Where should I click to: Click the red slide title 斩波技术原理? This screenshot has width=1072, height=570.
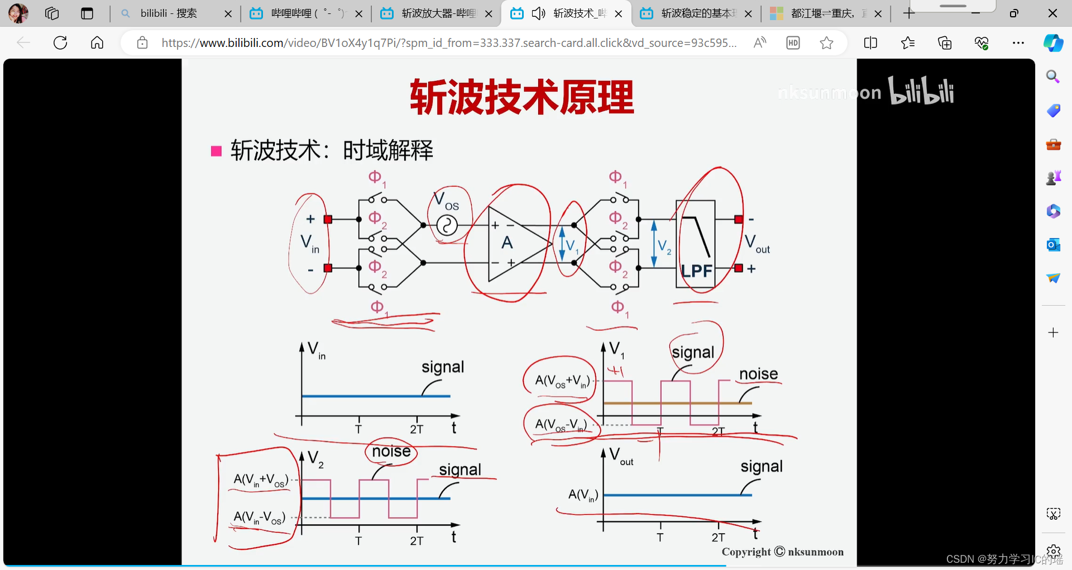pos(521,97)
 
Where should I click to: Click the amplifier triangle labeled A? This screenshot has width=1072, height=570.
pos(511,244)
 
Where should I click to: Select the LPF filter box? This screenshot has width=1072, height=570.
pos(695,244)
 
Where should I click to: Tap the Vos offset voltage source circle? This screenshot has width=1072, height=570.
pos(447,226)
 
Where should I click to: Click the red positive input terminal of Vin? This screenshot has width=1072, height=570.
pos(328,220)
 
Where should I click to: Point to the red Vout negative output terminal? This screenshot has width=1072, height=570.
pos(739,220)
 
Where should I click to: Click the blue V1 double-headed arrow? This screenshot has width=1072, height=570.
pos(562,244)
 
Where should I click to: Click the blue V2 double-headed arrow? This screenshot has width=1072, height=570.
pos(654,244)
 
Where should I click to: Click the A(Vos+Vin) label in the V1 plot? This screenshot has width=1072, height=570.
pos(562,381)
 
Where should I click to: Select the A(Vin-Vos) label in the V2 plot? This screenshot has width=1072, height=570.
pos(260,517)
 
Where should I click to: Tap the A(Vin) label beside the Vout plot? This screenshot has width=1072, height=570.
pos(583,495)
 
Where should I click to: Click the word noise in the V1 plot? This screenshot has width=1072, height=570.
pos(758,374)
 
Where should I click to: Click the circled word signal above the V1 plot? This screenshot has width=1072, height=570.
pos(693,352)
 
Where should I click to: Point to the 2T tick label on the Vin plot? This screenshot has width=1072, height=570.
pos(417,429)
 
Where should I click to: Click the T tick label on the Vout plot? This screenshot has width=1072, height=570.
pos(660,538)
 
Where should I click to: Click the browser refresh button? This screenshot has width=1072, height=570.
pos(60,42)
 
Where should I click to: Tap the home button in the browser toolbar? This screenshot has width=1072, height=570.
pos(97,42)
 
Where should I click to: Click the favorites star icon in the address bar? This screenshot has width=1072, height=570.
pos(826,42)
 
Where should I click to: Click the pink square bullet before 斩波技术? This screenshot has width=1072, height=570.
pos(216,151)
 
